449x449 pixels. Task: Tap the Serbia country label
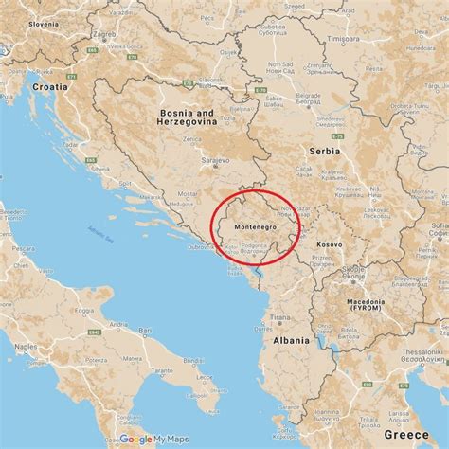324,151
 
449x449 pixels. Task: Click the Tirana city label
279,318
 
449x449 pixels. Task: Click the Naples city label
27,348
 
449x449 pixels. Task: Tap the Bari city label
145,332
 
